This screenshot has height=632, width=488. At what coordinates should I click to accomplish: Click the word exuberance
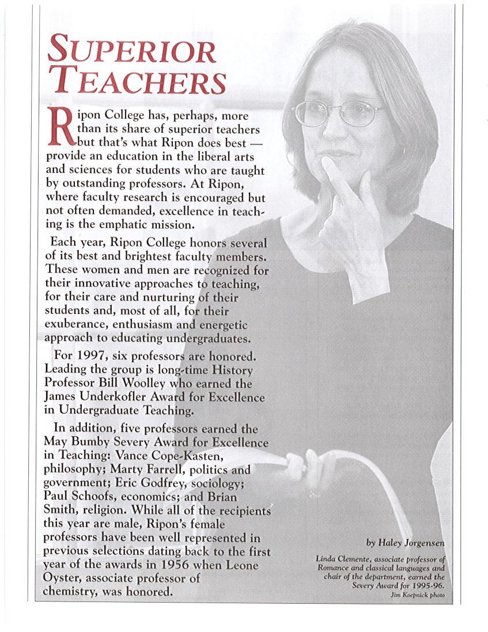point(74,323)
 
